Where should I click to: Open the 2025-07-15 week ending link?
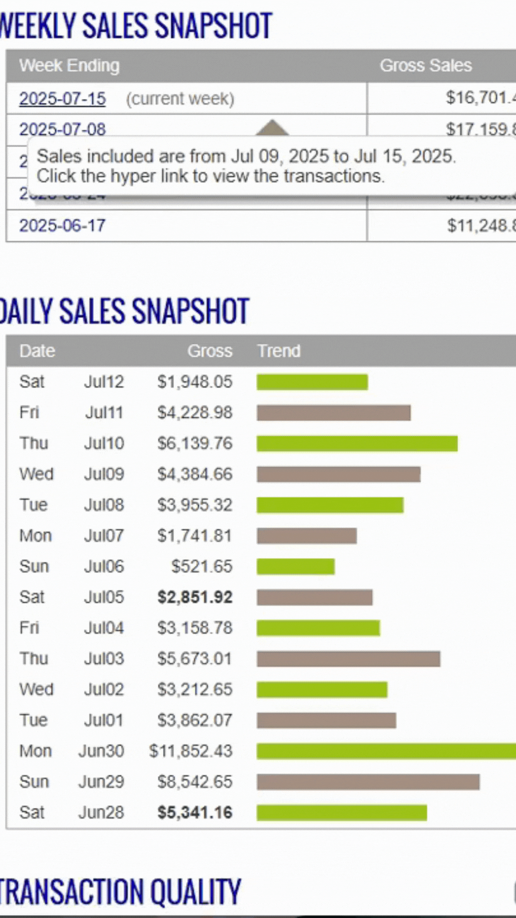point(62,98)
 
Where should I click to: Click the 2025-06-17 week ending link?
point(62,225)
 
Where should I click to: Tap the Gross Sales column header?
point(425,66)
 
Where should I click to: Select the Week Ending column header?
point(69,66)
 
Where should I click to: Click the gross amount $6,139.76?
point(195,443)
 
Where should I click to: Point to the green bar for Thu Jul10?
point(357,444)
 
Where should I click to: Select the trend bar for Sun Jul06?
point(295,567)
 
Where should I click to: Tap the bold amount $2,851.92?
point(195,597)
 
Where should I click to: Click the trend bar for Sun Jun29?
point(368,782)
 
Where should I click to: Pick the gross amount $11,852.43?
point(191,751)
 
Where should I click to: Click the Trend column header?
point(279,351)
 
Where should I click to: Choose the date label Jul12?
point(104,382)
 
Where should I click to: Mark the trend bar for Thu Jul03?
point(348,659)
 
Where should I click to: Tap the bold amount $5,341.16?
point(195,813)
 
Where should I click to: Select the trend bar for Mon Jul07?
point(307,536)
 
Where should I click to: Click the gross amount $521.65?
point(202,567)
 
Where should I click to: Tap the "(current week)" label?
point(180,99)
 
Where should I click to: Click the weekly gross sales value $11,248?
point(480,226)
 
